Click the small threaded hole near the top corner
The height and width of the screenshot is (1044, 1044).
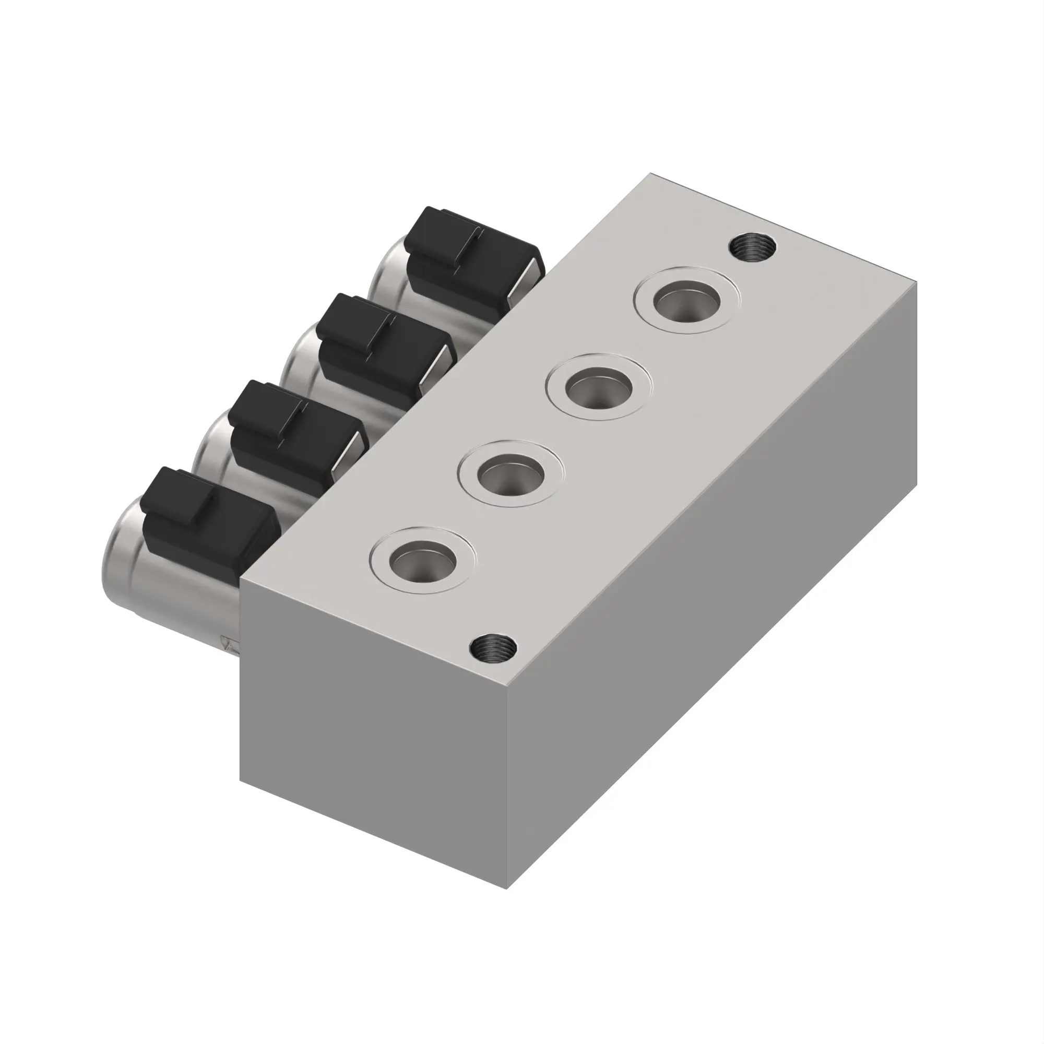[752, 248]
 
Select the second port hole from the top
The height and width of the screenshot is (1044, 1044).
[599, 388]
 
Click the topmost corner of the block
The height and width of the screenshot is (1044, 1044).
[650, 174]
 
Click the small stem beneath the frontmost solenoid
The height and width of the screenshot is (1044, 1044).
[230, 644]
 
